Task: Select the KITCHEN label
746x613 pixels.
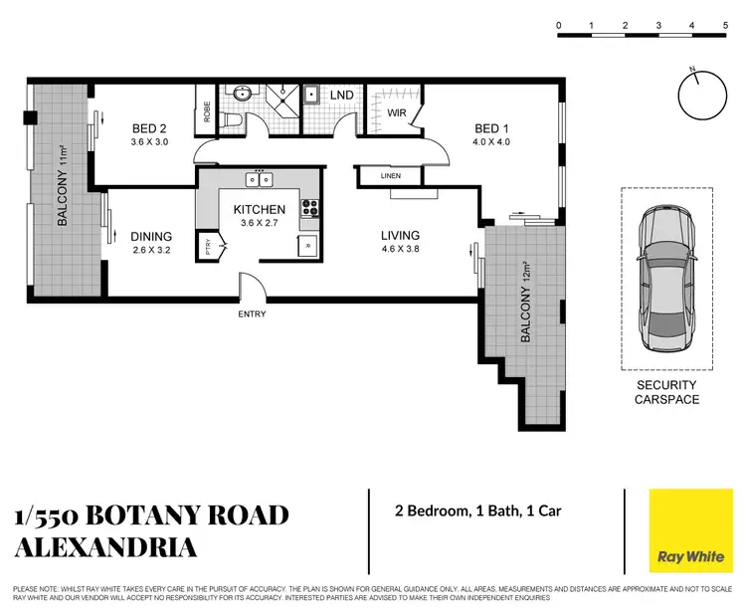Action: click(259, 209)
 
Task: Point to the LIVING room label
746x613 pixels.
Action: click(400, 236)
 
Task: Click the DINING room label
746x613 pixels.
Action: click(151, 236)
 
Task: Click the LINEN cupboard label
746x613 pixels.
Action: click(390, 177)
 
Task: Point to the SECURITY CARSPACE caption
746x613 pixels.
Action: click(666, 392)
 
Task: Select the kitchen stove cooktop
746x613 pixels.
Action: click(309, 209)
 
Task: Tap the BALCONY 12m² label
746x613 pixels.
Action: click(524, 302)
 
